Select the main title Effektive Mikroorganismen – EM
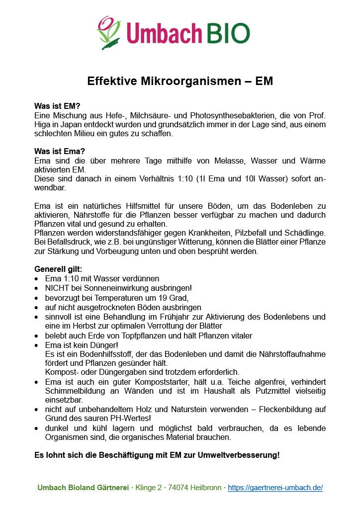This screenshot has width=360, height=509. (x=180, y=81)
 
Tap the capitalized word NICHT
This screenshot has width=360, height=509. (x=57, y=288)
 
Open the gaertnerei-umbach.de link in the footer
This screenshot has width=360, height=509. (x=275, y=488)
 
